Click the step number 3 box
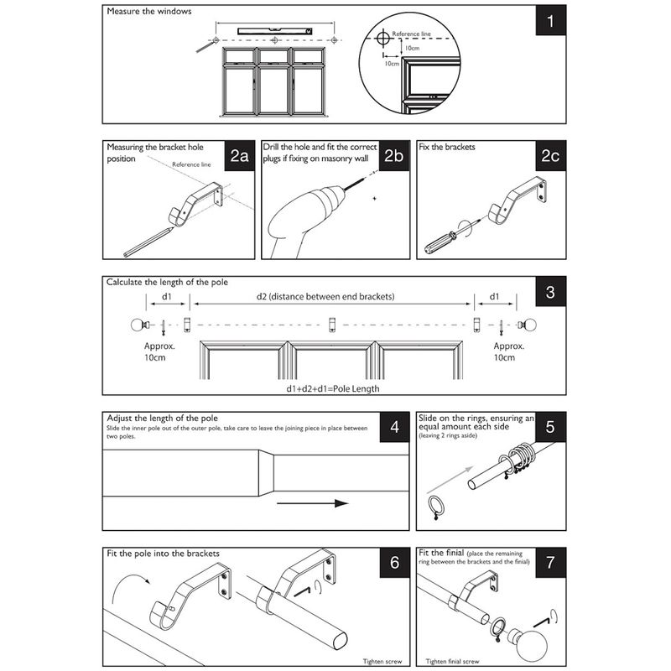[x=549, y=293]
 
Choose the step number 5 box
[x=549, y=427]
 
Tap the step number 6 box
[x=394, y=563]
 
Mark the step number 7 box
[x=549, y=563]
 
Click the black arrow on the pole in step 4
[x=311, y=503]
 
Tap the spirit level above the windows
[x=276, y=31]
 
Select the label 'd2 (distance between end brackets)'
[x=325, y=296]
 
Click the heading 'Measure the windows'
[x=149, y=12]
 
